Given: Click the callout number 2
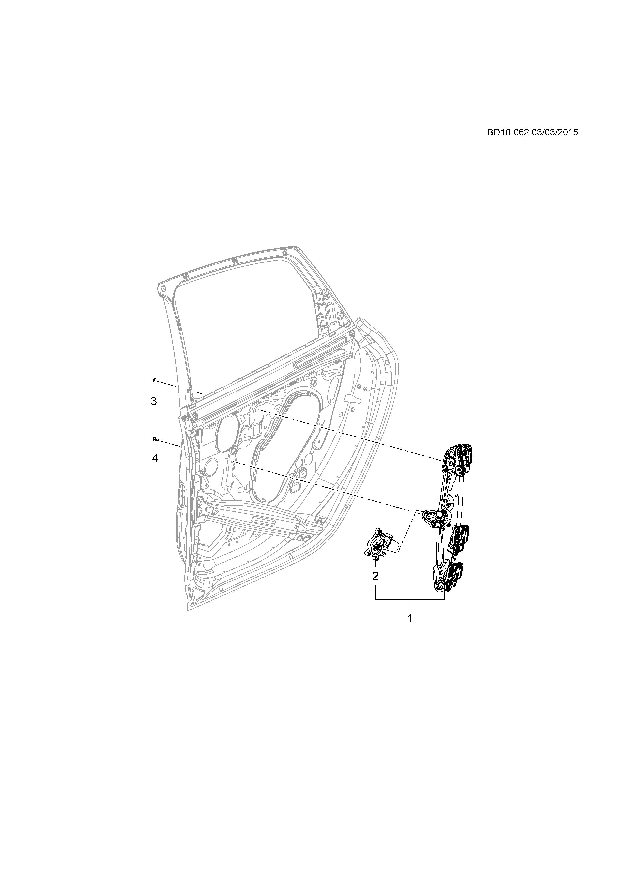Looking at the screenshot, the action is [375, 576].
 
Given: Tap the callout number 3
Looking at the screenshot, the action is [154, 401].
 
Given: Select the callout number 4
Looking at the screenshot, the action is [154, 459].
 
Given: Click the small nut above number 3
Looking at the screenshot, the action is [154, 380].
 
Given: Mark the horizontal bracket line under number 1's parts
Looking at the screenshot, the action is [410, 599].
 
